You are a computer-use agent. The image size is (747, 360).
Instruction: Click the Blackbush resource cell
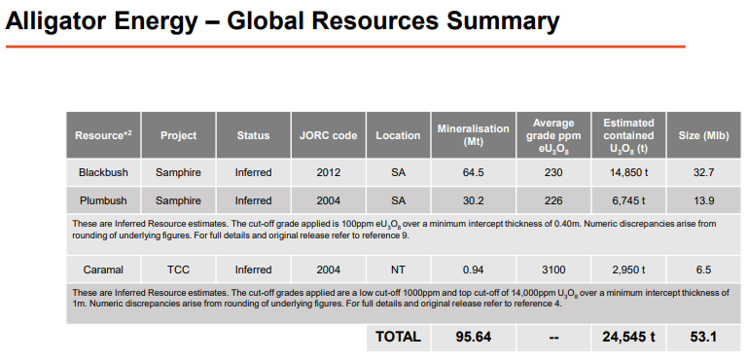pyautogui.click(x=103, y=172)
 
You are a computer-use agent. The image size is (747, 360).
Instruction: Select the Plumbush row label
pyautogui.click(x=103, y=200)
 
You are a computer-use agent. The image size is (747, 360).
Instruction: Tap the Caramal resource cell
pyautogui.click(x=103, y=270)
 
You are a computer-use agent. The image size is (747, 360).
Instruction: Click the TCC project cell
pyautogui.click(x=178, y=270)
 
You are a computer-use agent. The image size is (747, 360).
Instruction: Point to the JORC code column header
pyautogui.click(x=329, y=135)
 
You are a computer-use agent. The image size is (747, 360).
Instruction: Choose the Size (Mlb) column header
pyautogui.click(x=703, y=135)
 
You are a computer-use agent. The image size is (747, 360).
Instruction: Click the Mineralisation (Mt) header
pyautogui.click(x=474, y=135)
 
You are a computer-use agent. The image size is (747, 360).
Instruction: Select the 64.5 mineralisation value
pyautogui.click(x=474, y=172)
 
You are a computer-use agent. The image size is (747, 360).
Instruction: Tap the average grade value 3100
pyautogui.click(x=553, y=270)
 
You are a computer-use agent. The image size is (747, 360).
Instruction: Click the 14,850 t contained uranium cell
pyautogui.click(x=629, y=172)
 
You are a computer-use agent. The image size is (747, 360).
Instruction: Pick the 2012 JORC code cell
pyautogui.click(x=329, y=172)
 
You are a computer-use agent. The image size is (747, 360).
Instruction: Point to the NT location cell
pyautogui.click(x=398, y=270)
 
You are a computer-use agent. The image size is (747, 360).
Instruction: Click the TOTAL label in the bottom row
pyautogui.click(x=398, y=337)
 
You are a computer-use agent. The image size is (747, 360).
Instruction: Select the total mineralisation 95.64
pyautogui.click(x=474, y=337)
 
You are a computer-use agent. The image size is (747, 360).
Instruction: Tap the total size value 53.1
pyautogui.click(x=703, y=337)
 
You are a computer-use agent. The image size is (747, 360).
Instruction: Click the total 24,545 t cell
pyautogui.click(x=629, y=337)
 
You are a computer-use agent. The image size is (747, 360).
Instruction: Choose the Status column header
pyautogui.click(x=254, y=135)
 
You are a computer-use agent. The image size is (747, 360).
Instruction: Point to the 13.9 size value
pyautogui.click(x=703, y=200)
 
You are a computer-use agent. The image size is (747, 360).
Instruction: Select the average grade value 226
pyautogui.click(x=553, y=200)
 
